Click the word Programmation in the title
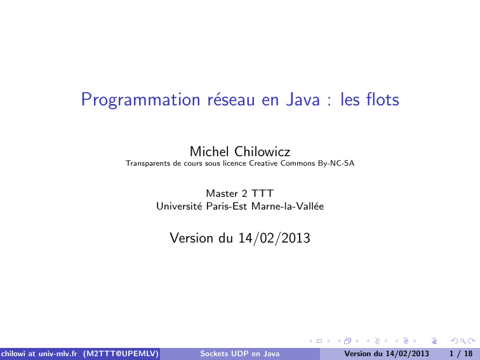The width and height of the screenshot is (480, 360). coord(140,100)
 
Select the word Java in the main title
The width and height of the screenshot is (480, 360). coord(303,100)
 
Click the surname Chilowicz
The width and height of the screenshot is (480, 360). coord(262,151)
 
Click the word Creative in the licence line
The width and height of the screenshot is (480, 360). coord(263,163)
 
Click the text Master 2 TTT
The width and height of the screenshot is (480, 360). coord(240,194)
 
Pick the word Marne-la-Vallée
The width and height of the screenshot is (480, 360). coord(288,206)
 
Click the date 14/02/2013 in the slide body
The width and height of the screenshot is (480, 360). coord(274,238)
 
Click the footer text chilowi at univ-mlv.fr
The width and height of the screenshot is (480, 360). coord(39,354)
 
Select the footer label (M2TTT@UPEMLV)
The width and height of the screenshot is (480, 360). coord(121,354)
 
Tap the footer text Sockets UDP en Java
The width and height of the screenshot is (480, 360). coord(240,354)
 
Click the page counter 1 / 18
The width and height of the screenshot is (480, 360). coord(461,354)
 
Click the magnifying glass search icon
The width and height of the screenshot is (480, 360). coord(463,341)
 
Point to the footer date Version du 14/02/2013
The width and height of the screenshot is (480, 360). coord(386,354)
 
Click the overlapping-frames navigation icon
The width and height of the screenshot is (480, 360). coord(348,341)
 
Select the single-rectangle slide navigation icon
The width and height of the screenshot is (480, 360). coord(319,341)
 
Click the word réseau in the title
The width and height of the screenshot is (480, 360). coord(231,100)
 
